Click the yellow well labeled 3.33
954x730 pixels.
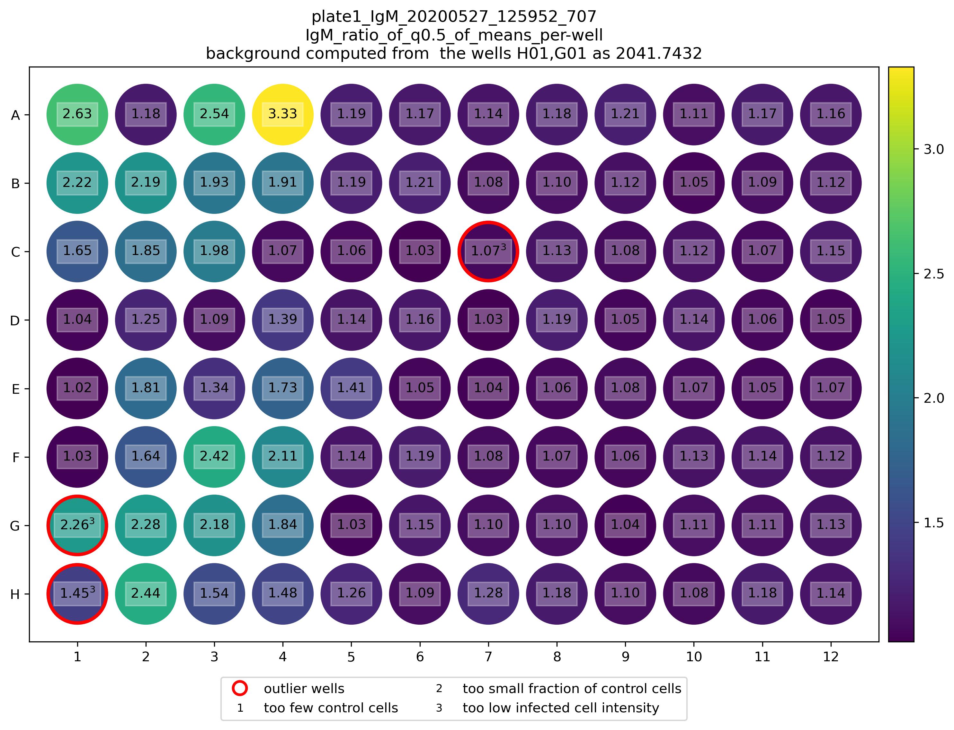pos(282,114)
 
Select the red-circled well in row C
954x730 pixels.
pos(488,251)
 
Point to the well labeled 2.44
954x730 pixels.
pos(146,594)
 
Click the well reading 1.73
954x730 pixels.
pos(282,388)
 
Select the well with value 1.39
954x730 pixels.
pos(282,320)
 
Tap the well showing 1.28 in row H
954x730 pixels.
pos(488,594)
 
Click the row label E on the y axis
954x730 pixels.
pos(15,389)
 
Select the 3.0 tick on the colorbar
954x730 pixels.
pos(933,149)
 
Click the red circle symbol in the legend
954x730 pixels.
pos(240,688)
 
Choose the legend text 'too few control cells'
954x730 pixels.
pos(331,708)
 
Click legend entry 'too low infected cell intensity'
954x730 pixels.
pos(561,708)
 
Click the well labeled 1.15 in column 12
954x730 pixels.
pos(831,251)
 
